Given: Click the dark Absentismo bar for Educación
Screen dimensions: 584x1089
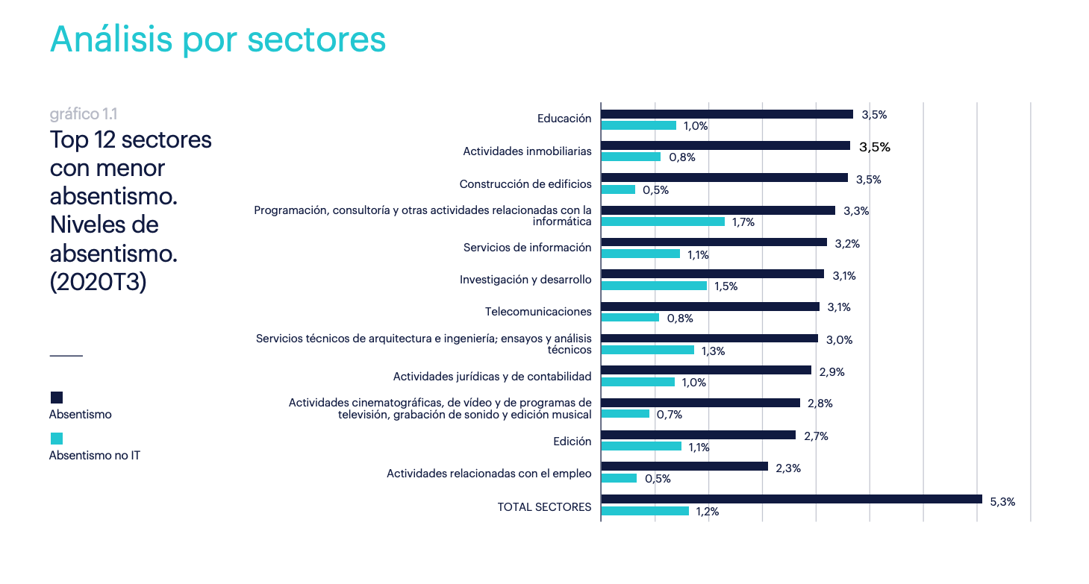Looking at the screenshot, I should tap(726, 114).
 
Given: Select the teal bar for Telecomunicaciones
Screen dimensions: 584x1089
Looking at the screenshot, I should tap(630, 318).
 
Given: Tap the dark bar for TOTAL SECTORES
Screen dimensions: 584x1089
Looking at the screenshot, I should tap(791, 499).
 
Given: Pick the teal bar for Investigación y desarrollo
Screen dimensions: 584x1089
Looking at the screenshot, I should tap(654, 286).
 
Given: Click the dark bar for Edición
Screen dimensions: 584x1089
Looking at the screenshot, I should tap(698, 435).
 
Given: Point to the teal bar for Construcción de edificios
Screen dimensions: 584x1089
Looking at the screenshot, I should tap(618, 189).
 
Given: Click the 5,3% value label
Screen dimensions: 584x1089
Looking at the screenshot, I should tap(1002, 502).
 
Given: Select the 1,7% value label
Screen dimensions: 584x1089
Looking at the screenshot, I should tap(743, 222).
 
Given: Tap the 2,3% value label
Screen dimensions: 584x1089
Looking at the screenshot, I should tap(788, 468).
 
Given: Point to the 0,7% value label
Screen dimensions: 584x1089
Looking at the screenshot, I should tap(669, 415).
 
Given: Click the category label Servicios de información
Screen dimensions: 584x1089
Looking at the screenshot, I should tap(527, 248).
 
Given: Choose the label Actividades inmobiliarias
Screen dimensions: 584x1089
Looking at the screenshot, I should tap(527, 151).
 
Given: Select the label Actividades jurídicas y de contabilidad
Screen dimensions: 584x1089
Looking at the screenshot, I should tap(492, 376).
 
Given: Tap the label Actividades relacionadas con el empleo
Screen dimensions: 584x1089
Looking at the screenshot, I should tap(489, 474).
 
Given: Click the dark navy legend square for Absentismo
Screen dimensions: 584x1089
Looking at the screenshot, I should tap(57, 398).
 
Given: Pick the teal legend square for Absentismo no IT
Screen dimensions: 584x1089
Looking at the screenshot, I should tap(57, 439).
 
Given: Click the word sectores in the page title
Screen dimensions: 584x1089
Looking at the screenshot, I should tap(316, 40).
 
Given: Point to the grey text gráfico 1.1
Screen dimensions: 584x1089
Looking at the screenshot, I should tap(84, 114).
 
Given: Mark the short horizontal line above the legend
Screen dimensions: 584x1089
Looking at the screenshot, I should tap(66, 356).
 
